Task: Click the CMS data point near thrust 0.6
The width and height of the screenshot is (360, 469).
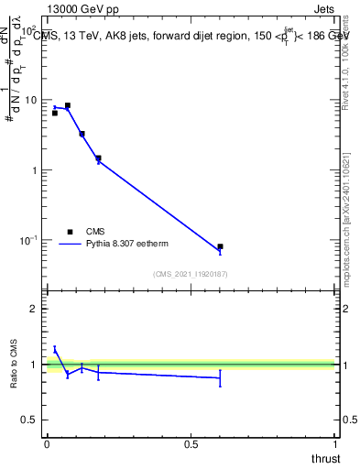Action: pyautogui.click(x=220, y=246)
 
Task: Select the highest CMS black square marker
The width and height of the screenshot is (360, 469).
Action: pyautogui.click(x=68, y=105)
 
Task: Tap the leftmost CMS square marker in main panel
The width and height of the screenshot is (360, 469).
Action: pyautogui.click(x=55, y=113)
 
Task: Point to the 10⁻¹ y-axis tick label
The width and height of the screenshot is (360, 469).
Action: pyautogui.click(x=29, y=240)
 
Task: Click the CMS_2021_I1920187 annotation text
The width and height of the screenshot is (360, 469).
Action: pyautogui.click(x=191, y=274)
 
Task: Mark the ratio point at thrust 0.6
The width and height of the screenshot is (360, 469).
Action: pyautogui.click(x=220, y=377)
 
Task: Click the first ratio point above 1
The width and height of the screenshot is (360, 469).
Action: pyautogui.click(x=55, y=349)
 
